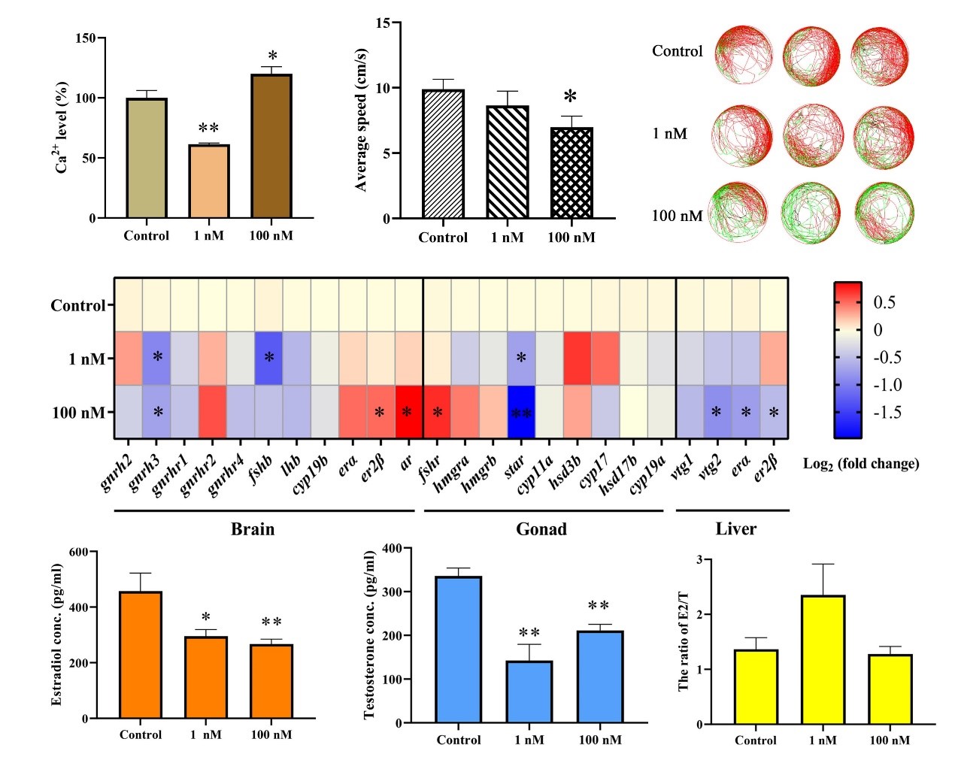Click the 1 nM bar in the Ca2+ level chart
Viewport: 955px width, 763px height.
coord(208,181)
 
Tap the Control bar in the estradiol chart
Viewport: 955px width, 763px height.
coord(141,655)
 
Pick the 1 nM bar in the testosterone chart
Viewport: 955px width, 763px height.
coord(529,692)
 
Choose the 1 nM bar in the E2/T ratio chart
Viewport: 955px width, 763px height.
coord(823,659)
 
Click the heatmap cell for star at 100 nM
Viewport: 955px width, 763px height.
coord(521,412)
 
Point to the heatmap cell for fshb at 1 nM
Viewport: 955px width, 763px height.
coord(268,358)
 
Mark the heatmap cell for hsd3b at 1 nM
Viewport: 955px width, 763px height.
coord(578,358)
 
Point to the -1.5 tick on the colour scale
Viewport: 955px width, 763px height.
coord(887,413)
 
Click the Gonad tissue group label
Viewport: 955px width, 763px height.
coord(541,529)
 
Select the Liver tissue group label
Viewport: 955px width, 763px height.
coord(735,529)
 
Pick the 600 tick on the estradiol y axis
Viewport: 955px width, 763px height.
coord(78,552)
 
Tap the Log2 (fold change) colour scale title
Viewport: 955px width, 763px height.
coord(861,464)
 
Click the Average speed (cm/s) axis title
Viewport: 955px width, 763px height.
coord(361,120)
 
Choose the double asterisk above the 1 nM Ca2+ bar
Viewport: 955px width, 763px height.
coord(208,129)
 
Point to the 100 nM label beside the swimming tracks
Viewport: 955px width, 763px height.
coord(677,216)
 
